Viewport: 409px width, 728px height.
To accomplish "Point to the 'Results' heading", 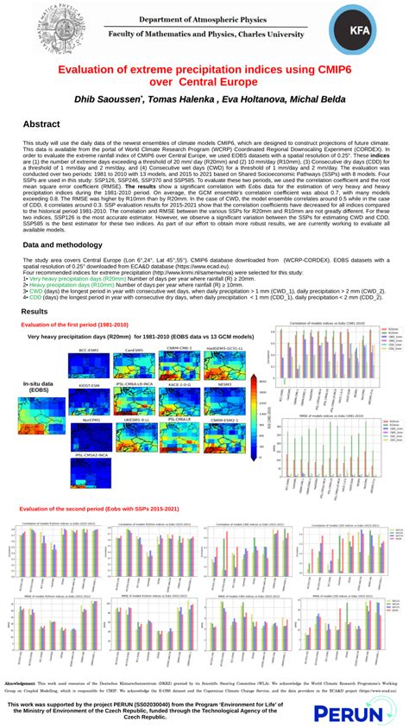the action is click(x=34, y=311).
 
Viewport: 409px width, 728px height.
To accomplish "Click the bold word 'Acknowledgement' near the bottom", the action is click(x=24, y=659).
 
